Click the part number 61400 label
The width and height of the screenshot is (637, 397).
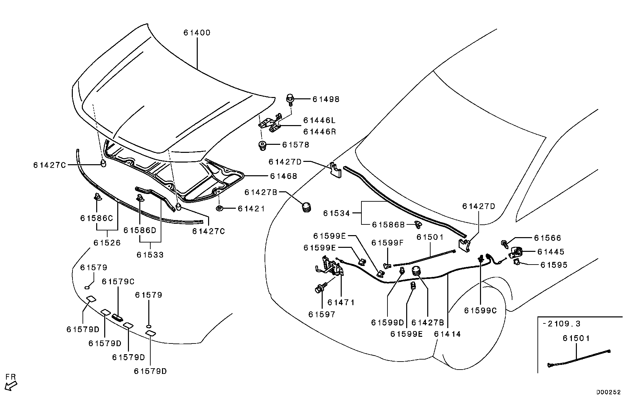(197, 33)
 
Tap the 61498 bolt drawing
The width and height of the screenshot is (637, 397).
(290, 99)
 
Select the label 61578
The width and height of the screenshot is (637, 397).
(296, 145)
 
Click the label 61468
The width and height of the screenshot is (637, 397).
(284, 176)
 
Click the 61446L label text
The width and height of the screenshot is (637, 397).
(319, 120)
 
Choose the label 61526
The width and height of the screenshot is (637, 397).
(107, 242)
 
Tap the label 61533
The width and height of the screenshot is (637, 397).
(150, 255)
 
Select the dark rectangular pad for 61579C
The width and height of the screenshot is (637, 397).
(117, 317)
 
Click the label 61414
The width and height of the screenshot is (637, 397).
(447, 334)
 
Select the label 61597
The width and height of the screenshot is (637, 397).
(322, 314)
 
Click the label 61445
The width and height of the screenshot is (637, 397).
(550, 252)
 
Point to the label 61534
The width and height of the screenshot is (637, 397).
(336, 213)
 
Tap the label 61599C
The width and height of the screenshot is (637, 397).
(480, 311)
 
